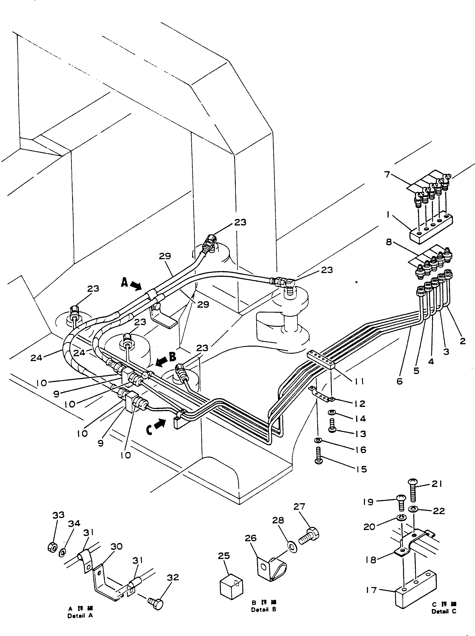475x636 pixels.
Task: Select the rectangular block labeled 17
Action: click(415, 589)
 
